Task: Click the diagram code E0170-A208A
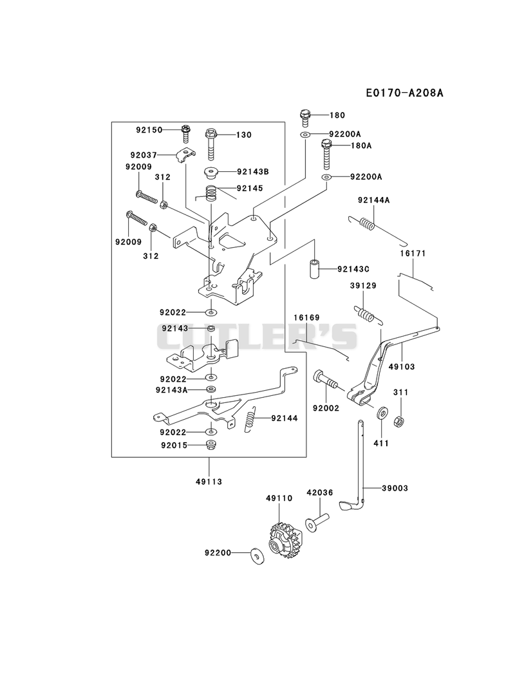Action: click(404, 93)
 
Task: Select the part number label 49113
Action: click(209, 482)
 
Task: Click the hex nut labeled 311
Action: click(399, 421)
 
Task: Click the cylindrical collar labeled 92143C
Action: click(315, 268)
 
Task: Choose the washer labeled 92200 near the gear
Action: click(257, 556)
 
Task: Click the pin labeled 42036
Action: click(317, 521)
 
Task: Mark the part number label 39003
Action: click(394, 488)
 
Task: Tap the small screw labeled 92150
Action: click(185, 133)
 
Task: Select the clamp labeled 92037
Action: click(186, 154)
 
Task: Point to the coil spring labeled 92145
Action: click(212, 192)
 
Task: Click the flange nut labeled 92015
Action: click(211, 445)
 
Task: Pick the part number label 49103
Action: click(402, 366)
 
